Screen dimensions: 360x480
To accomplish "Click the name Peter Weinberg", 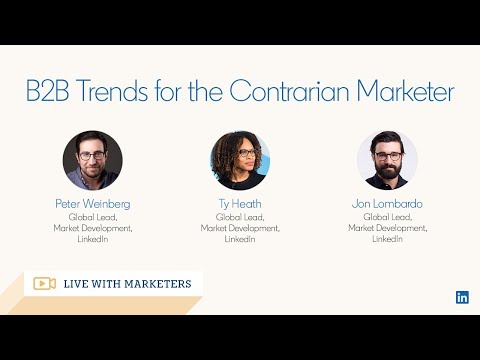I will tap(93, 203).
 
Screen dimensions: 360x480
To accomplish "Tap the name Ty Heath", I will tap(240, 203).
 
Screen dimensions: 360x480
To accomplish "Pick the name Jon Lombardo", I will tap(387, 203).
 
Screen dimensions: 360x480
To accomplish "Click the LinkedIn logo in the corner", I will tap(462, 297).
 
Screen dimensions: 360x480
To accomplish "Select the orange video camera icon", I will tap(44, 283).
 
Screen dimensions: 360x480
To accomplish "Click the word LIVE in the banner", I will tap(80, 284).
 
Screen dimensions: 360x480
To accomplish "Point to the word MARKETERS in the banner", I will tap(158, 284).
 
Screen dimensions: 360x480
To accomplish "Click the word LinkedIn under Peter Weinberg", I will tap(93, 239).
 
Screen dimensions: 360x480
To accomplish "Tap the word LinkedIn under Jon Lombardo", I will tap(387, 239).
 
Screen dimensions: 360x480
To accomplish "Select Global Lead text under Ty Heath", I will tap(240, 217).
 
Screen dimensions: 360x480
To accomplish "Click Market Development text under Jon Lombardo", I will tap(387, 228).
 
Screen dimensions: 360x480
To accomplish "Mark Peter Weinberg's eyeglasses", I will tap(92, 156).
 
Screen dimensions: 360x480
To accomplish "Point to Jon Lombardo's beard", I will tap(387, 171).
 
